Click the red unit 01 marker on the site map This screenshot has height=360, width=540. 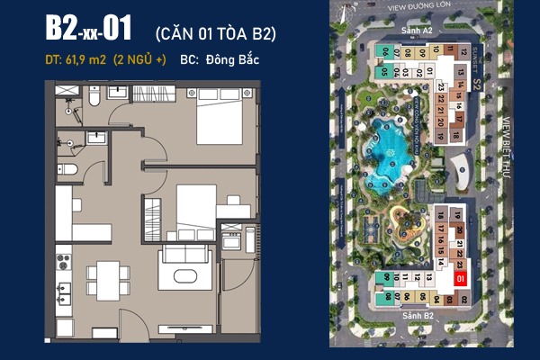click(461, 280)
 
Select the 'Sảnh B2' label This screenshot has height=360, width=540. click(419, 316)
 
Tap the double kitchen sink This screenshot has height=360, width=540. click(64, 294)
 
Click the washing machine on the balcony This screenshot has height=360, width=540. click(231, 241)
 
